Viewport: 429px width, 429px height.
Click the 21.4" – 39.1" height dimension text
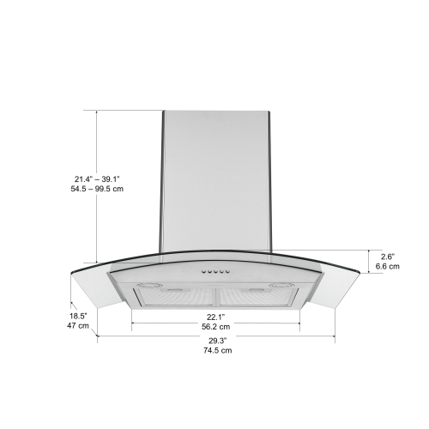click(x=97, y=178)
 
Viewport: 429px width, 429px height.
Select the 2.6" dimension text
click(x=388, y=256)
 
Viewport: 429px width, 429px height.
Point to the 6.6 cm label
click(x=388, y=267)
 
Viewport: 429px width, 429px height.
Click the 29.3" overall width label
click(x=216, y=341)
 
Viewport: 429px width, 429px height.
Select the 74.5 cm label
click(x=216, y=351)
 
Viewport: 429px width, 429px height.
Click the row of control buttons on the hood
click(x=214, y=273)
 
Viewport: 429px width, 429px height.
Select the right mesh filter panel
click(x=255, y=297)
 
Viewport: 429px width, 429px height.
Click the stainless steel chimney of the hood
click(x=215, y=180)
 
